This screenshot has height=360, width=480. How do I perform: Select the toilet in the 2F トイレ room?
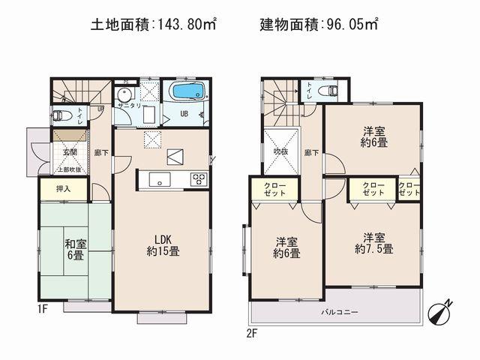coord(328,91)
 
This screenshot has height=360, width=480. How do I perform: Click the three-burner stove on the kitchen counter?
coord(199,178)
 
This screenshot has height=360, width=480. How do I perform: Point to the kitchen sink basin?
coord(158,178)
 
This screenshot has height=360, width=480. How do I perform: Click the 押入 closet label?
coord(64,189)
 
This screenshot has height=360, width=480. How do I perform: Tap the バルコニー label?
coord(340,310)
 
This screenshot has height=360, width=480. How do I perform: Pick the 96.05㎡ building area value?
coord(349,25)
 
